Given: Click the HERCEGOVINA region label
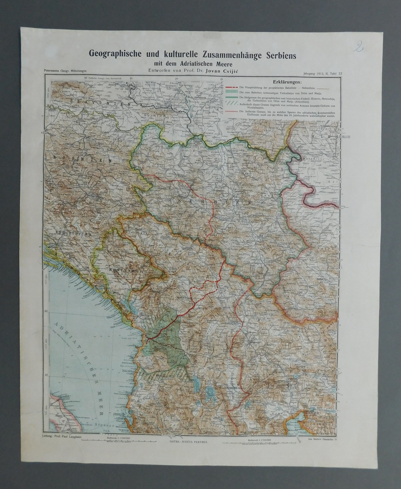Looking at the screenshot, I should point(69,232).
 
